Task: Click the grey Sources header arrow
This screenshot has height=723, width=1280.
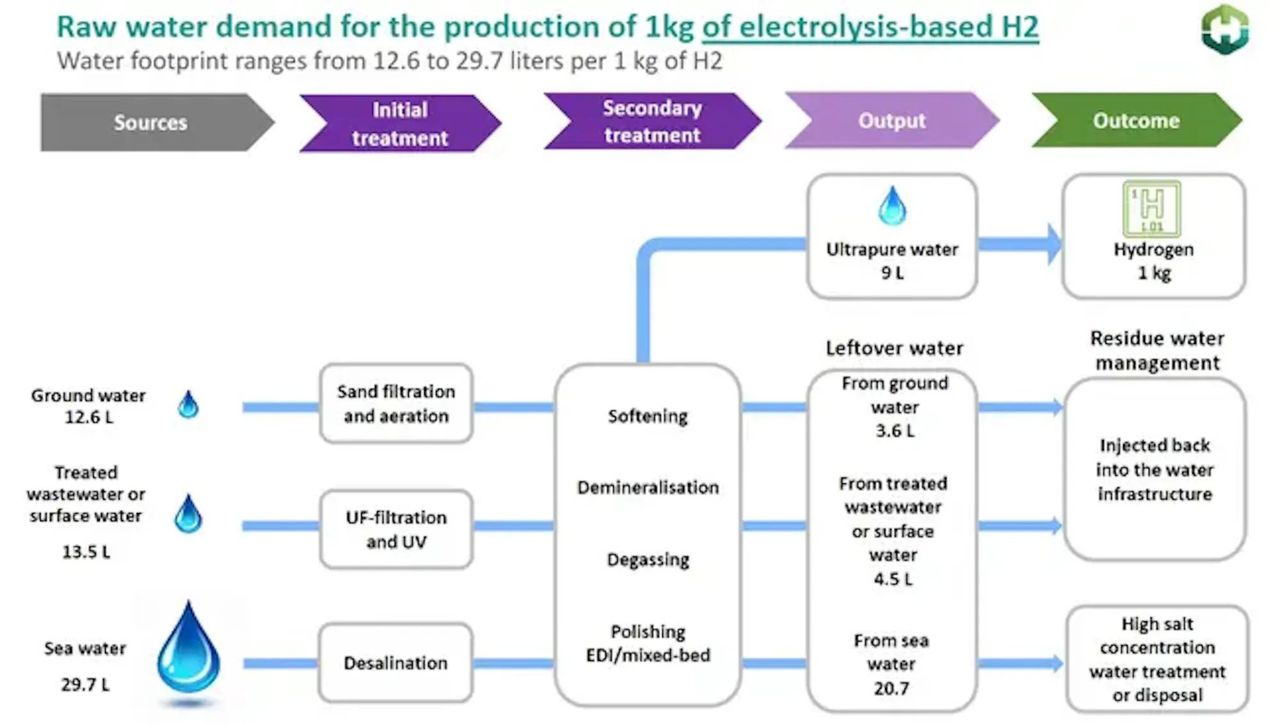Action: (x=151, y=122)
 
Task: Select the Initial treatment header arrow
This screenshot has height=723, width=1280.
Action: (x=400, y=123)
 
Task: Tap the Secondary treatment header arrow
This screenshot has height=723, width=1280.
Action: (x=652, y=121)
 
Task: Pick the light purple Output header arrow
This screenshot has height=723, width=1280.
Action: (x=892, y=120)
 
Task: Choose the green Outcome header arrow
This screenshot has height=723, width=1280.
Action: (x=1135, y=120)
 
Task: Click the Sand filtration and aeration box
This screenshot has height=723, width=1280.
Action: (x=396, y=403)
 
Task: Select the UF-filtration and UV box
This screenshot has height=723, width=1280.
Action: (x=396, y=530)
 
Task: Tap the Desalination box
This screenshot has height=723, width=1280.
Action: (x=396, y=663)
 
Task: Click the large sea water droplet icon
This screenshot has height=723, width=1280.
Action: (x=188, y=650)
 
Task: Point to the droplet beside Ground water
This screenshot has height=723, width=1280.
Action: (x=188, y=405)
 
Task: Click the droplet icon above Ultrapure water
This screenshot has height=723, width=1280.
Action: (x=892, y=206)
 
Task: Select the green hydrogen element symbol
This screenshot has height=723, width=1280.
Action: (x=1152, y=209)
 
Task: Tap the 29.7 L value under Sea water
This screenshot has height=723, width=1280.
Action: (x=85, y=685)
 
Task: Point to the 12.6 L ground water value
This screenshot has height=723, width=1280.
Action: (x=88, y=418)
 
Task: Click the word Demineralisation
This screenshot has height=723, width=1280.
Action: (x=648, y=487)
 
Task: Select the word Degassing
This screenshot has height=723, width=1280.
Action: (x=648, y=560)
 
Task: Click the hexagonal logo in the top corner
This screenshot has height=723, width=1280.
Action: (x=1225, y=29)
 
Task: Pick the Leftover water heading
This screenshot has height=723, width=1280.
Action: (x=894, y=348)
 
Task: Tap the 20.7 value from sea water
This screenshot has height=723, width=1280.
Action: (x=892, y=688)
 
